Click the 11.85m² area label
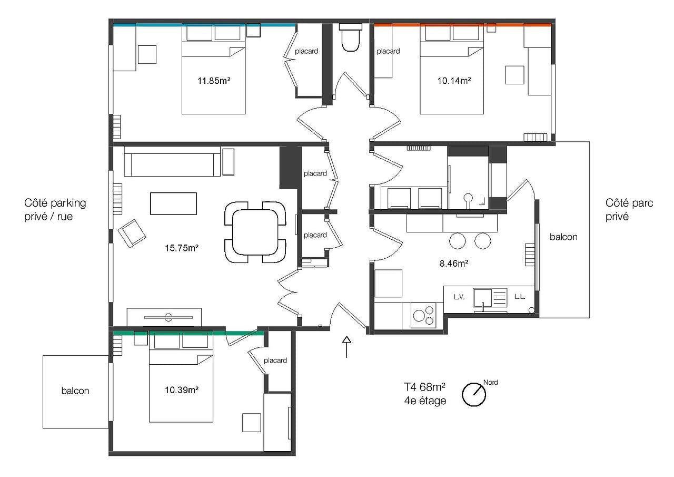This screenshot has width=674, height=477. click(x=213, y=81)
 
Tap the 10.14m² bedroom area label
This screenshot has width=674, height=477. click(x=454, y=81)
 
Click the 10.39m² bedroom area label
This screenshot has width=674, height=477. click(x=181, y=390)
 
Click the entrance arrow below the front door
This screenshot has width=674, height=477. click(x=346, y=346)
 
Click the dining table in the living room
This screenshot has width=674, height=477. click(x=255, y=232)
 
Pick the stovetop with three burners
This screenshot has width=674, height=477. click(x=424, y=315)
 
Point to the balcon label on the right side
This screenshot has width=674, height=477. click(x=563, y=237)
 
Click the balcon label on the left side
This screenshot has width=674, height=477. click(x=75, y=391)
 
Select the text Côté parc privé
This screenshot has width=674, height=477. click(x=629, y=209)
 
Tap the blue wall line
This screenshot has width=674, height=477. click(x=204, y=24)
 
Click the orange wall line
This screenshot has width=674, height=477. click(x=462, y=24)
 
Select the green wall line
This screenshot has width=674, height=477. click(x=188, y=333)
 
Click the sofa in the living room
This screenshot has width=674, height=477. click(x=172, y=162)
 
